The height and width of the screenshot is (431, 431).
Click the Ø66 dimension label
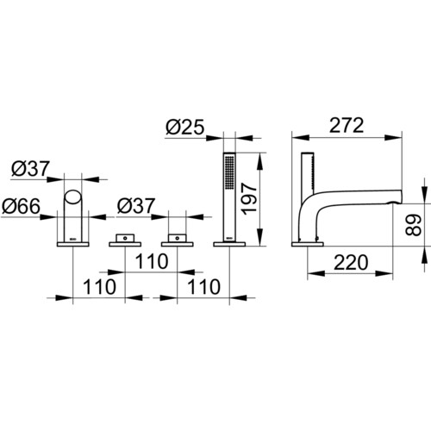(21, 206)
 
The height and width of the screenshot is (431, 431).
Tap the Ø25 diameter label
(185, 127)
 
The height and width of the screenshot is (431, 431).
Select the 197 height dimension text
(249, 199)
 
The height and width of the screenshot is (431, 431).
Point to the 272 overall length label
(347, 126)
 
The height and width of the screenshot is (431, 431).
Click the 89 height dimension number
(414, 225)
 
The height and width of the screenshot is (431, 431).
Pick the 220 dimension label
(351, 262)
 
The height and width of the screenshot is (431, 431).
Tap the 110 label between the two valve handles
(152, 261)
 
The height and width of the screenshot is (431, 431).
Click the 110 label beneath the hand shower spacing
(204, 287)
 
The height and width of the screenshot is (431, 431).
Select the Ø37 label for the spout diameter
(30, 169)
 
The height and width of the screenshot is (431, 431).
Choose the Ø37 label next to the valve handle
(136, 206)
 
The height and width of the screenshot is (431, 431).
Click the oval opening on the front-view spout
(72, 197)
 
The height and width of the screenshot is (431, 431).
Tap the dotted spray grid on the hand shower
(229, 172)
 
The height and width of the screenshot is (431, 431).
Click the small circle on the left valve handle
(125, 238)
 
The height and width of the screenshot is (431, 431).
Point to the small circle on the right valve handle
(178, 238)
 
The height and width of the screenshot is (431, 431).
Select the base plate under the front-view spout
(73, 244)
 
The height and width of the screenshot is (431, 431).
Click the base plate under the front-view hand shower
(229, 244)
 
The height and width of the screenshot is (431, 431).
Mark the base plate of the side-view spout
(308, 244)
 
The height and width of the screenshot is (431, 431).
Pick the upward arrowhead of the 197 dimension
(259, 161)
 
